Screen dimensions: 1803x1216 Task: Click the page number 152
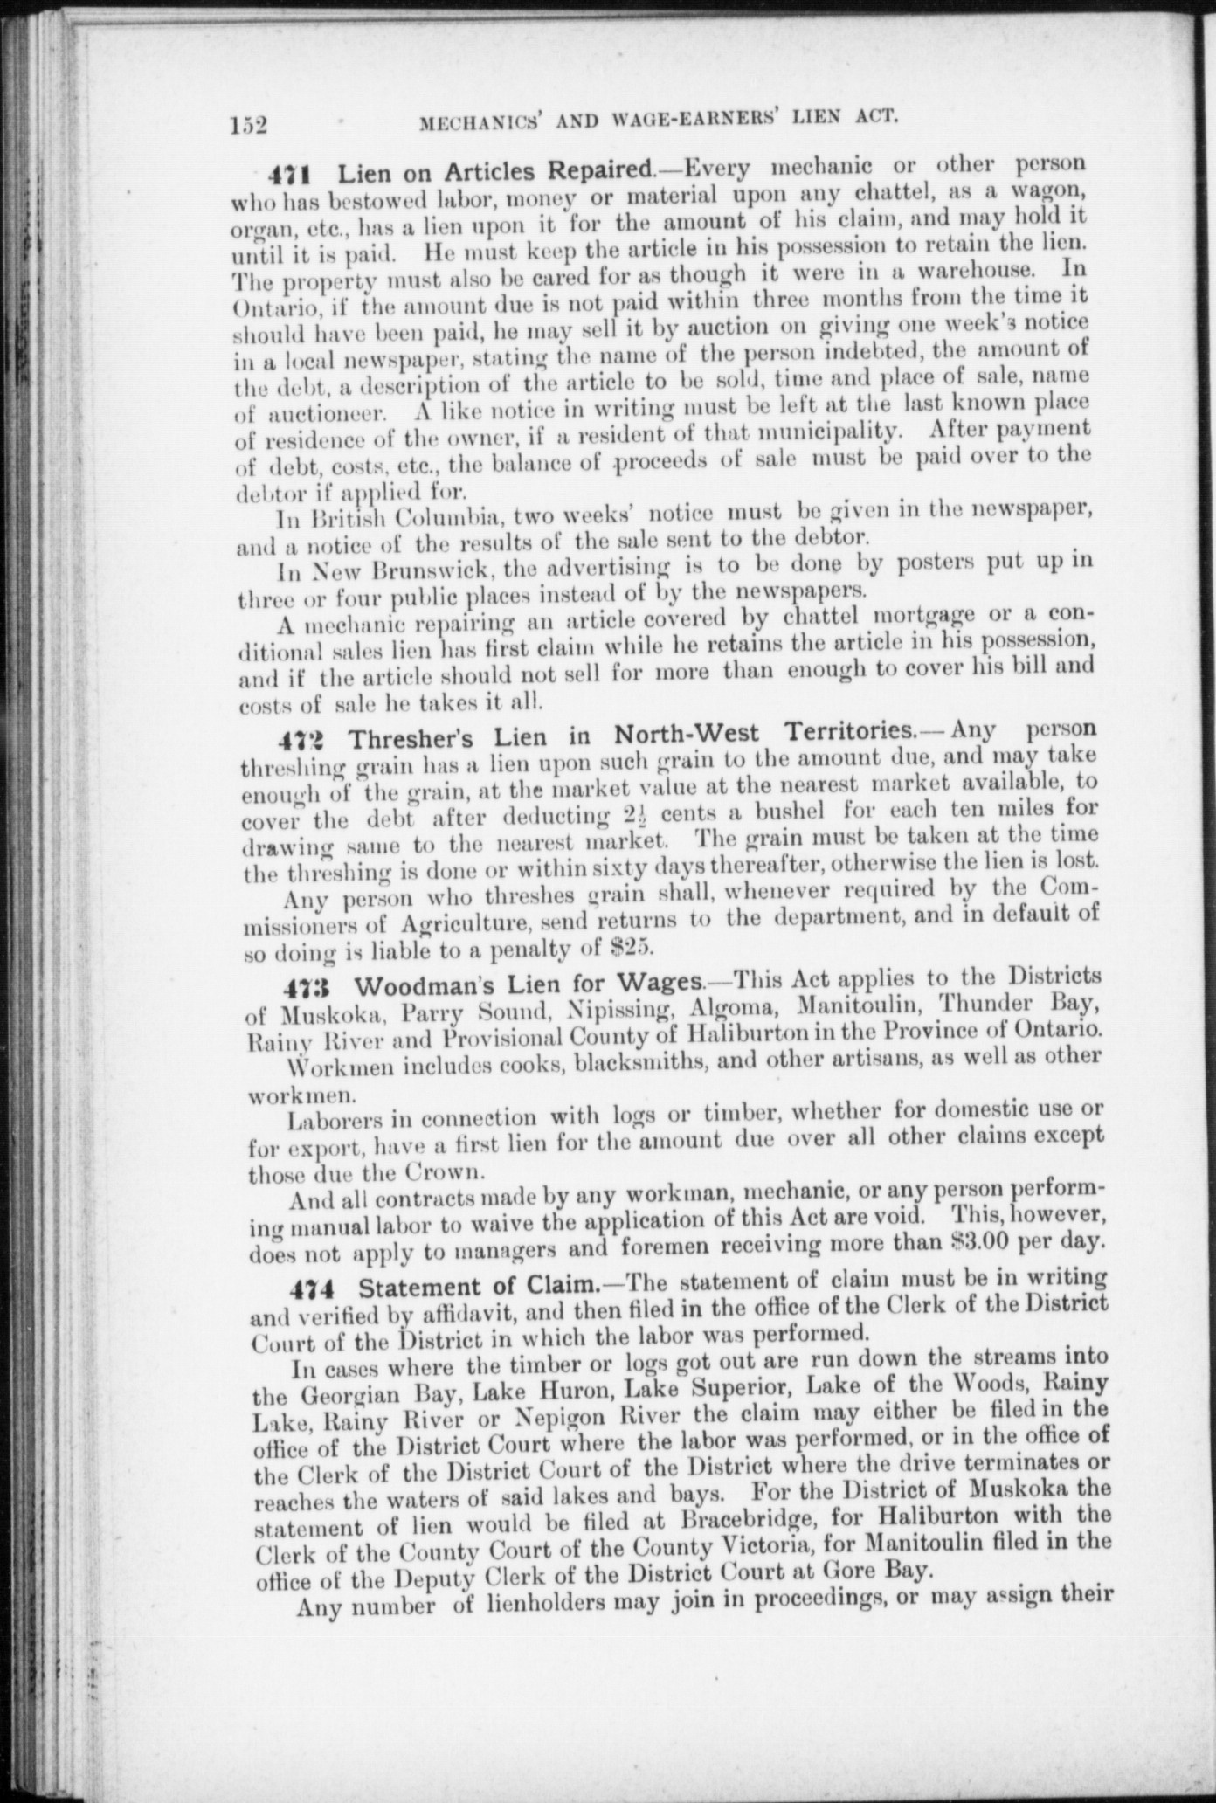[248, 125]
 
